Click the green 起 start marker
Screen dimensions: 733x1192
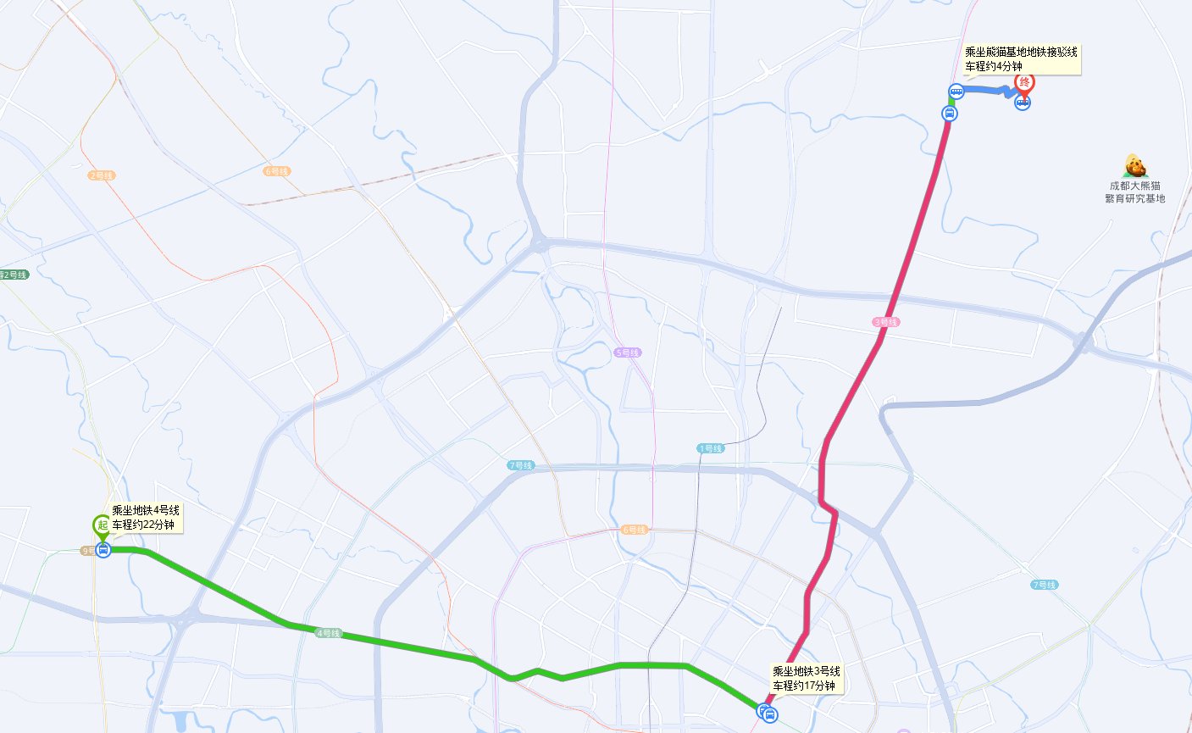[102, 525]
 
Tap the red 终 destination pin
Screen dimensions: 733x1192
[1025, 83]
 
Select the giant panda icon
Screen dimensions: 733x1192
[1134, 166]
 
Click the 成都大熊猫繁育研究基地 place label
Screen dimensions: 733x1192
[1134, 192]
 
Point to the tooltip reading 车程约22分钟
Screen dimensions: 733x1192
[144, 525]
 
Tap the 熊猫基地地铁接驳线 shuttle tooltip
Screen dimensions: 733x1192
[1021, 53]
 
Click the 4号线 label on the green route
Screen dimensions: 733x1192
[328, 633]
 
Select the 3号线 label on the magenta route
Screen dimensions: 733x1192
[885, 322]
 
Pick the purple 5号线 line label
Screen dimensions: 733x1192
[628, 353]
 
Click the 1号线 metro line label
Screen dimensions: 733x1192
[711, 448]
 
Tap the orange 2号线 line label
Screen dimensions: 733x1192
[102, 175]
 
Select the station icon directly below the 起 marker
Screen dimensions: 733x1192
[103, 550]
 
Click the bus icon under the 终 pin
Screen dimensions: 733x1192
[1023, 103]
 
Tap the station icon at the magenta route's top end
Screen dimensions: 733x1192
[950, 113]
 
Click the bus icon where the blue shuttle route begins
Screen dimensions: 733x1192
[956, 92]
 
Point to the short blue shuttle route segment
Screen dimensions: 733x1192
[987, 92]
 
